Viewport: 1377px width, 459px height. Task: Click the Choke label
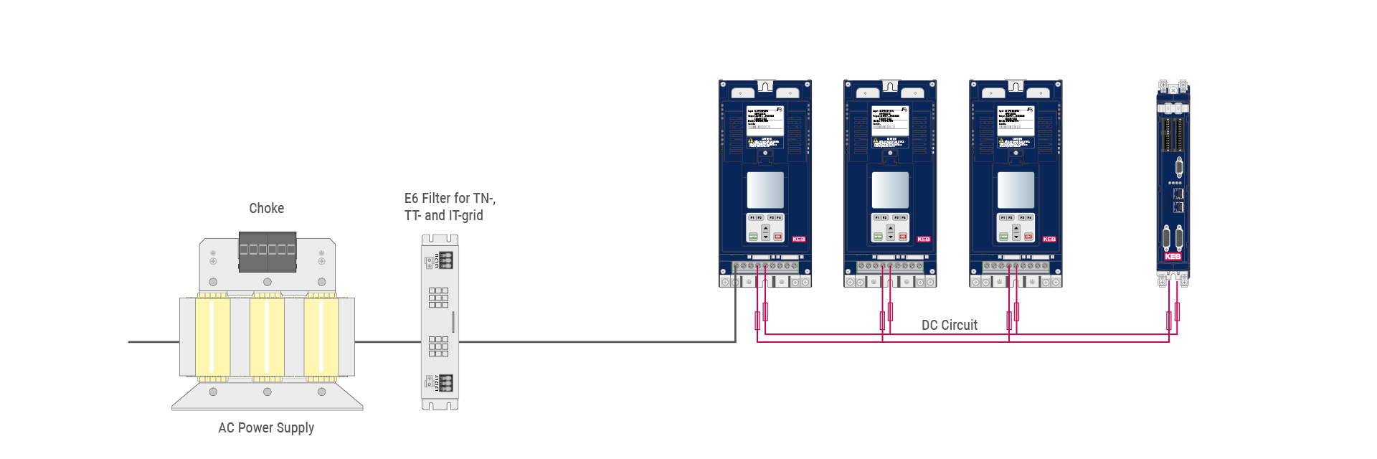click(x=266, y=208)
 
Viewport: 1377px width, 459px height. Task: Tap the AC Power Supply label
click(x=266, y=427)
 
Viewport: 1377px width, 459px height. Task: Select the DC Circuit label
click(x=949, y=325)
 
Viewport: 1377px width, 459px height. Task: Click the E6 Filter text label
click(x=449, y=207)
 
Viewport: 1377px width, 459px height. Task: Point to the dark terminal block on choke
click(x=267, y=251)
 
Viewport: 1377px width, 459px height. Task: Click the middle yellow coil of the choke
click(x=267, y=336)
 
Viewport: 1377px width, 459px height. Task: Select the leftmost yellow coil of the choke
click(x=212, y=336)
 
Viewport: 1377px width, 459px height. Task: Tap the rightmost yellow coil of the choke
click(x=321, y=336)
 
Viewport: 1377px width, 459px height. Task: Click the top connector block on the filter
click(x=445, y=260)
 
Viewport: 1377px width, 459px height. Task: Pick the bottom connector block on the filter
click(x=445, y=382)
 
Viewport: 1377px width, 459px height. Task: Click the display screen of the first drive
click(x=765, y=190)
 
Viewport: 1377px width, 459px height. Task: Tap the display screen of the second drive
click(x=890, y=190)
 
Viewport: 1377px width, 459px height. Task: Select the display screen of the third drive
click(x=1016, y=190)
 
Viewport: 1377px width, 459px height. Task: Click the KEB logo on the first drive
click(x=798, y=239)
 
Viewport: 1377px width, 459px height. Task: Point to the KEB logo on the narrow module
click(x=1173, y=256)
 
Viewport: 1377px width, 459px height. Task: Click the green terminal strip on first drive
click(x=765, y=266)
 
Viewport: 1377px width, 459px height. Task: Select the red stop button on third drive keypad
click(x=1028, y=236)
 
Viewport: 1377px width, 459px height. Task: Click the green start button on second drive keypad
click(x=878, y=236)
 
